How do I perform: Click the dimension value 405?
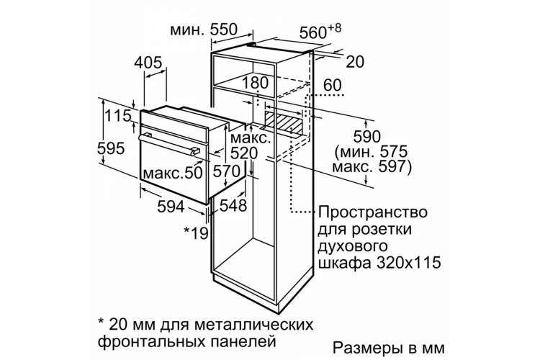[x=148, y=63]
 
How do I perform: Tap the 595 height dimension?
[x=111, y=149]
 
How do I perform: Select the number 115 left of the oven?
[x=118, y=116]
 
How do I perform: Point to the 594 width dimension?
[x=171, y=207]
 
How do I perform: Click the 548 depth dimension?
[x=233, y=206]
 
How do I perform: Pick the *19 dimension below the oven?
[x=196, y=233]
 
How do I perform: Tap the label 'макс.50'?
[x=173, y=173]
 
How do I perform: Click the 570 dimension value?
[x=226, y=171]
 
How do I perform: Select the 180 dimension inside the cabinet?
[x=255, y=83]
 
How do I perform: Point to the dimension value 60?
[x=333, y=86]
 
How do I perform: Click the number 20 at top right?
[x=355, y=62]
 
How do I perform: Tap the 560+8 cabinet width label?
[x=320, y=32]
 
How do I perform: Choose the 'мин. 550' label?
[x=204, y=30]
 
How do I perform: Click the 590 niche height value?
[x=367, y=137]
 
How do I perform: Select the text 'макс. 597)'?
[x=372, y=167]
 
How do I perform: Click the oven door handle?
[x=169, y=144]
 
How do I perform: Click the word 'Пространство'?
[x=373, y=212]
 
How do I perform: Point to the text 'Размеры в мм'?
[x=389, y=348]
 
